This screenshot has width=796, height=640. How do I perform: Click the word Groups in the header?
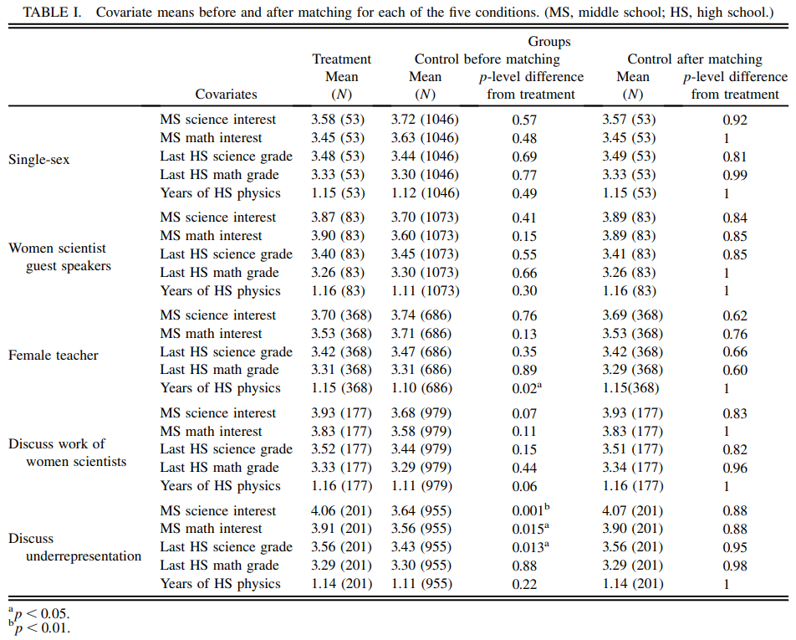(549, 41)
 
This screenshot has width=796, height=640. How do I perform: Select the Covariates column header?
(226, 95)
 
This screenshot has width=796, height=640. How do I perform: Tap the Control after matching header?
(695, 59)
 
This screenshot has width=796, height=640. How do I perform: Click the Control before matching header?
(487, 59)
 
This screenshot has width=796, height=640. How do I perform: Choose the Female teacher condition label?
(54, 355)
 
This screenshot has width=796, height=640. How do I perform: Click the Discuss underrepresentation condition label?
(75, 547)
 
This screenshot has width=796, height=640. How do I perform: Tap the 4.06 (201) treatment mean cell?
(341, 511)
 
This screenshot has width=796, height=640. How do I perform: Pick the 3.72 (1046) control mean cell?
(425, 120)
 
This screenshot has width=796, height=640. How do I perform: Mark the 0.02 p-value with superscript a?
(527, 388)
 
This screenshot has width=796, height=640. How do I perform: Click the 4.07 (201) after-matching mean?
(633, 511)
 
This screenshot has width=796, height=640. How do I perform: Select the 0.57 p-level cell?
(524, 120)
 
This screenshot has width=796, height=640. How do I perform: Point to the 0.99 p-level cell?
(735, 175)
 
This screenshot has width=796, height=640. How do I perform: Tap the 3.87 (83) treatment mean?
(341, 218)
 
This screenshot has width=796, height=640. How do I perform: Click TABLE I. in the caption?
(50, 13)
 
